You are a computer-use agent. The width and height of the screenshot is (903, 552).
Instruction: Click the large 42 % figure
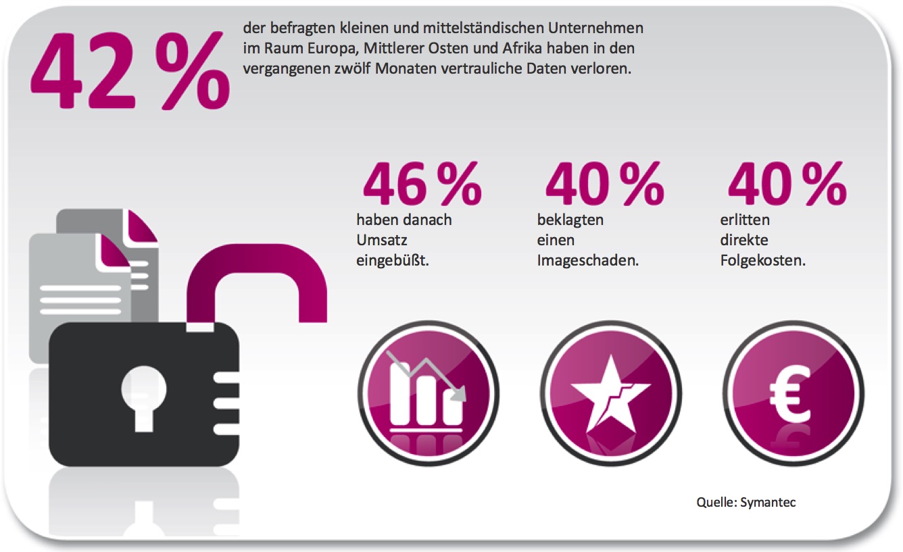130,70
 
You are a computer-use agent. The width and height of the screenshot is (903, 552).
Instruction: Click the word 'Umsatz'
382,240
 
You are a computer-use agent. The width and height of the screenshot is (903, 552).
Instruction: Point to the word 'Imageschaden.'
588,261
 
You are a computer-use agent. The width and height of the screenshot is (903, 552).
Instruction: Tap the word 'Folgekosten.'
762,261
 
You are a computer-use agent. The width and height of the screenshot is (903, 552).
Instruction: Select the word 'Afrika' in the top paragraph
522,49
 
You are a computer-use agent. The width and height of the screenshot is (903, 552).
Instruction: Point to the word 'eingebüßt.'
392,261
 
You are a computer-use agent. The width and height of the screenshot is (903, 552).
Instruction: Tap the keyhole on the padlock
143,398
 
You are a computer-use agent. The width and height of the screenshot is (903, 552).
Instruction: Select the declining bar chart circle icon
428,393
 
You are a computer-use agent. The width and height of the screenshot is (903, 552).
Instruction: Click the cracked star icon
611,393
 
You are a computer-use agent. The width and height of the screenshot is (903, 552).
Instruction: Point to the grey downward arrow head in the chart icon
459,394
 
